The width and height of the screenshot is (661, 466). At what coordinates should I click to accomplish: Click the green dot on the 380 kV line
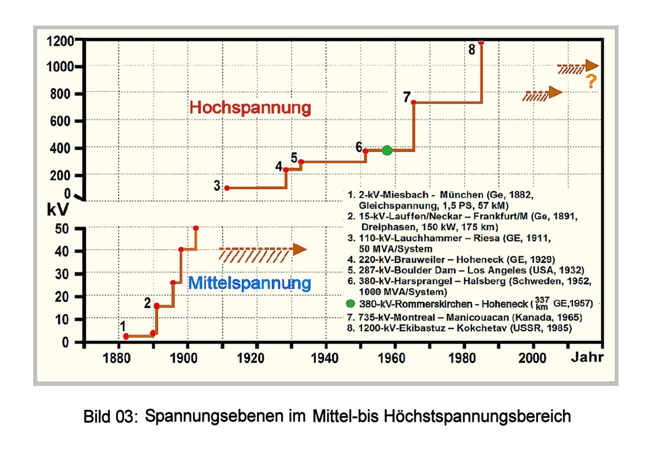387,150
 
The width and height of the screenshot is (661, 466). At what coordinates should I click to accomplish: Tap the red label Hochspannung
250,108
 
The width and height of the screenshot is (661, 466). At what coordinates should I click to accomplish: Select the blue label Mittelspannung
249,284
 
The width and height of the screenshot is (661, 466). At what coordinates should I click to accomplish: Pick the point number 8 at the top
471,50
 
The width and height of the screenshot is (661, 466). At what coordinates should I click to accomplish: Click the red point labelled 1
126,336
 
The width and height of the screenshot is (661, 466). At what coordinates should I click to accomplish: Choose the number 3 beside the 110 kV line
217,186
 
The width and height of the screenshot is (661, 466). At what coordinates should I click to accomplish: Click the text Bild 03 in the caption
110,418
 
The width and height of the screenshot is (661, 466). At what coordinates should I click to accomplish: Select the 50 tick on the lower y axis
63,229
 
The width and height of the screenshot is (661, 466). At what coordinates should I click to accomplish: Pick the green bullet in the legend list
350,303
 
